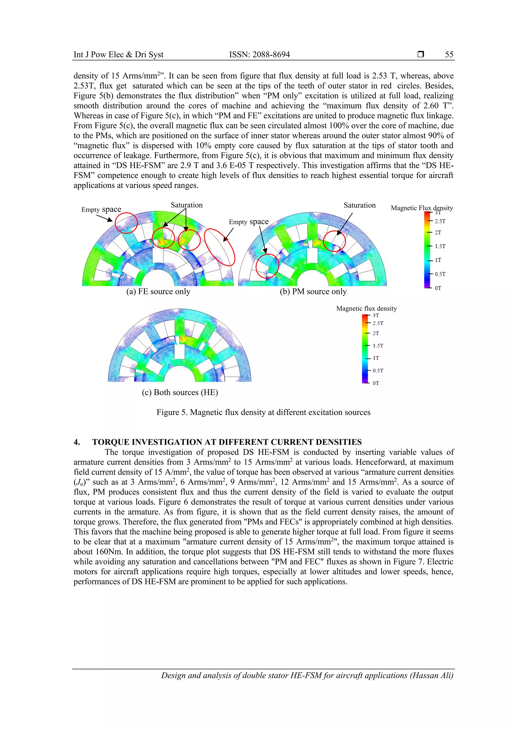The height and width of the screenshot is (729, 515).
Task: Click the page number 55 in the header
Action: (x=449, y=55)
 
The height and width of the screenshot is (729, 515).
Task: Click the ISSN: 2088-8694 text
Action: (x=260, y=55)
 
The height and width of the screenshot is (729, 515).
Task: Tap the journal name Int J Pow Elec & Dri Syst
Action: (x=118, y=55)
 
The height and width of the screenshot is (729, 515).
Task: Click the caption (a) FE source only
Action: (x=158, y=291)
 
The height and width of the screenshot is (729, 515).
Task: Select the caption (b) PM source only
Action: (x=313, y=291)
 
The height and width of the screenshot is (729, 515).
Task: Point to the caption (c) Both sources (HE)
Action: (x=180, y=392)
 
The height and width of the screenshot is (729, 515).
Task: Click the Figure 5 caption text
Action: (x=263, y=412)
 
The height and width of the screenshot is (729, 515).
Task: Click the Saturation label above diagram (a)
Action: (x=187, y=205)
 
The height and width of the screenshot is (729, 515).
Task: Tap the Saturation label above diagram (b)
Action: (x=359, y=205)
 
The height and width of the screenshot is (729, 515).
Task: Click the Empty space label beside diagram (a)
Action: (x=101, y=209)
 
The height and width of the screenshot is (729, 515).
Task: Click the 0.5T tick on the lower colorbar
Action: (x=377, y=371)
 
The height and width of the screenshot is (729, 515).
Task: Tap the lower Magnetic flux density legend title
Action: (x=366, y=309)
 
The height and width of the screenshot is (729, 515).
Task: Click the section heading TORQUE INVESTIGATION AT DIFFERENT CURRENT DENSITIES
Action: (x=227, y=442)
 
